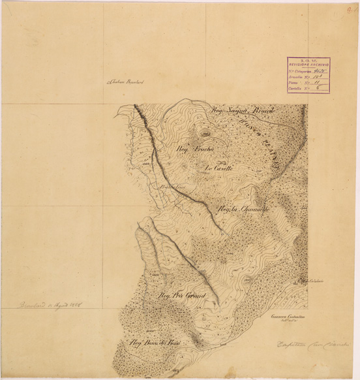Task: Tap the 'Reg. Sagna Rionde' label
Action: pos(243,112)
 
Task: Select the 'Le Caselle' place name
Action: pos(219,168)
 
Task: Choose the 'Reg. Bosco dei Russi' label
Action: pos(157,342)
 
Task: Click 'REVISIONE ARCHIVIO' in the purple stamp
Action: pos(308,66)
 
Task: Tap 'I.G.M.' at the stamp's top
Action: pos(308,61)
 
